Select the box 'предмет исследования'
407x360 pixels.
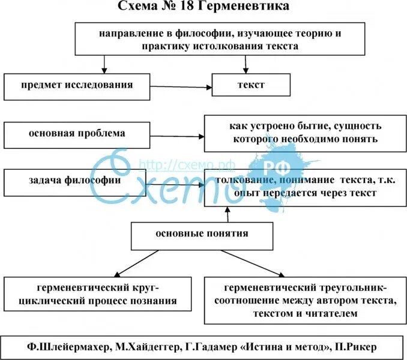tap(76, 86)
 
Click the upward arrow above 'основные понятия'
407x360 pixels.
tap(227, 214)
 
